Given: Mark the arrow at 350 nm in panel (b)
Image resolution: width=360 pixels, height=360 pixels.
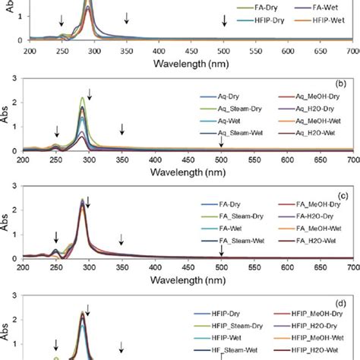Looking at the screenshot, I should tap(122, 130).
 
